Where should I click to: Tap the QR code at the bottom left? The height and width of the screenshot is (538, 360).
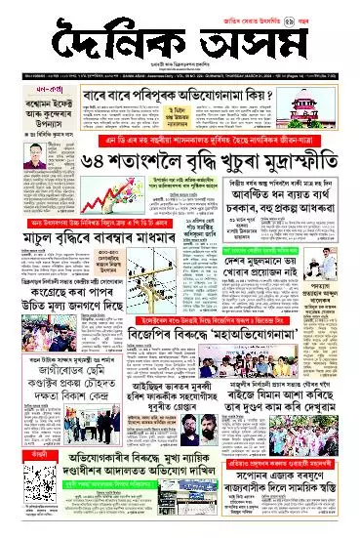click(x=22, y=498)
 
